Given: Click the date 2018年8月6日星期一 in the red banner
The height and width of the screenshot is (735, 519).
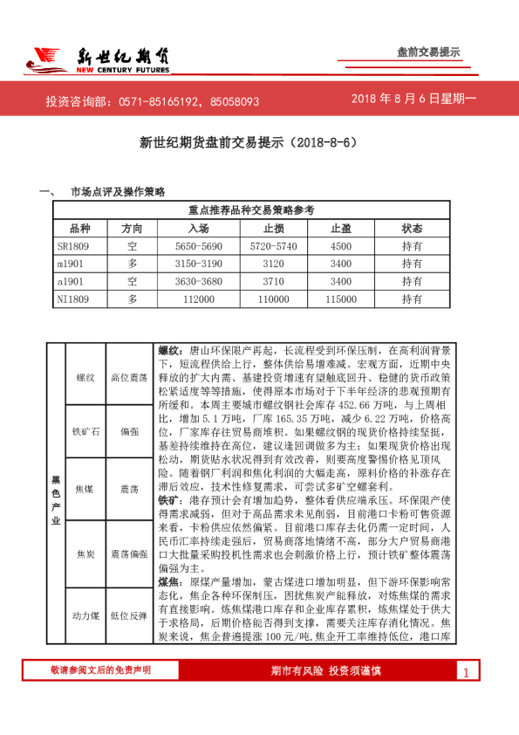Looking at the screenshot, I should (414, 100).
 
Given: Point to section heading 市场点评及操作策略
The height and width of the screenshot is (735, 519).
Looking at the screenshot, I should (118, 191).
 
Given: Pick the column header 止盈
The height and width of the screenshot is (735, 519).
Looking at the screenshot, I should (341, 228).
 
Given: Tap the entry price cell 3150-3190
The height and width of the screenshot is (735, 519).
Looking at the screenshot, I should (199, 264).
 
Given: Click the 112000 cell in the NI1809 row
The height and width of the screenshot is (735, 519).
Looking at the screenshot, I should (199, 299).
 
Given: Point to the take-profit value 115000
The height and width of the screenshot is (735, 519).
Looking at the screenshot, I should (341, 299).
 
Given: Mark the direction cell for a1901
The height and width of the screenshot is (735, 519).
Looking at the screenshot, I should (133, 281).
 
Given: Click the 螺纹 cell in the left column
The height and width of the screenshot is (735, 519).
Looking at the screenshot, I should (85, 377).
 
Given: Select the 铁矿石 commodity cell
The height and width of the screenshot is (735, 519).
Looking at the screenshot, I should (85, 431).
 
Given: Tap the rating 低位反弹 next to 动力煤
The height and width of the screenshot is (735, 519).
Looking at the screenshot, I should (130, 617).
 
